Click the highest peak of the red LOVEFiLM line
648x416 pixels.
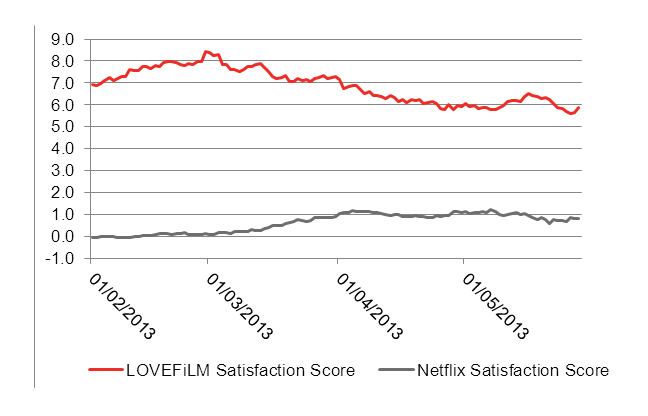point(205,51)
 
